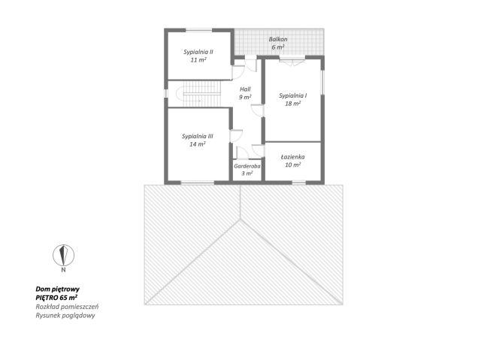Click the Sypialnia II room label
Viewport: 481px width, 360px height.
[x=198, y=52]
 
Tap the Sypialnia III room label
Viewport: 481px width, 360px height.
[x=197, y=136]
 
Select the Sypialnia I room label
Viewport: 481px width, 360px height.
[x=292, y=95]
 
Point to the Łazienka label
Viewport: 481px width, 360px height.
[x=292, y=157]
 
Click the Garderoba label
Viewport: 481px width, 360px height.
[x=247, y=166]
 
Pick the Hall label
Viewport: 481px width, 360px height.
[x=245, y=89]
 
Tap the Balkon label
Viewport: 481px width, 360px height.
[x=278, y=39]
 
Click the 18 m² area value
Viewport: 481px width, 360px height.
[x=292, y=104]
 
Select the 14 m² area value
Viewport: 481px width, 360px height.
[x=197, y=144]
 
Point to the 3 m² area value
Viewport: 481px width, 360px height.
[x=247, y=174]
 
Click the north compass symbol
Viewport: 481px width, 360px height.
[x=63, y=255]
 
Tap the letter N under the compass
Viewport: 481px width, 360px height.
[x=63, y=270]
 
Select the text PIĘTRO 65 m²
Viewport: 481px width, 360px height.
[x=56, y=298]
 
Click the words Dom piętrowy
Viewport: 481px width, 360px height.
[x=58, y=289]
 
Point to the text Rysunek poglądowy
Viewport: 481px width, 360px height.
[x=65, y=315]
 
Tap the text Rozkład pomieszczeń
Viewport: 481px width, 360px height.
[x=67, y=307]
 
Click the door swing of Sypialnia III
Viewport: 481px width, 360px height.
[x=236, y=136]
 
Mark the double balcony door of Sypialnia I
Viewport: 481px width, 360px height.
[x=292, y=62]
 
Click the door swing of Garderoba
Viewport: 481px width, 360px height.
[x=242, y=153]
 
